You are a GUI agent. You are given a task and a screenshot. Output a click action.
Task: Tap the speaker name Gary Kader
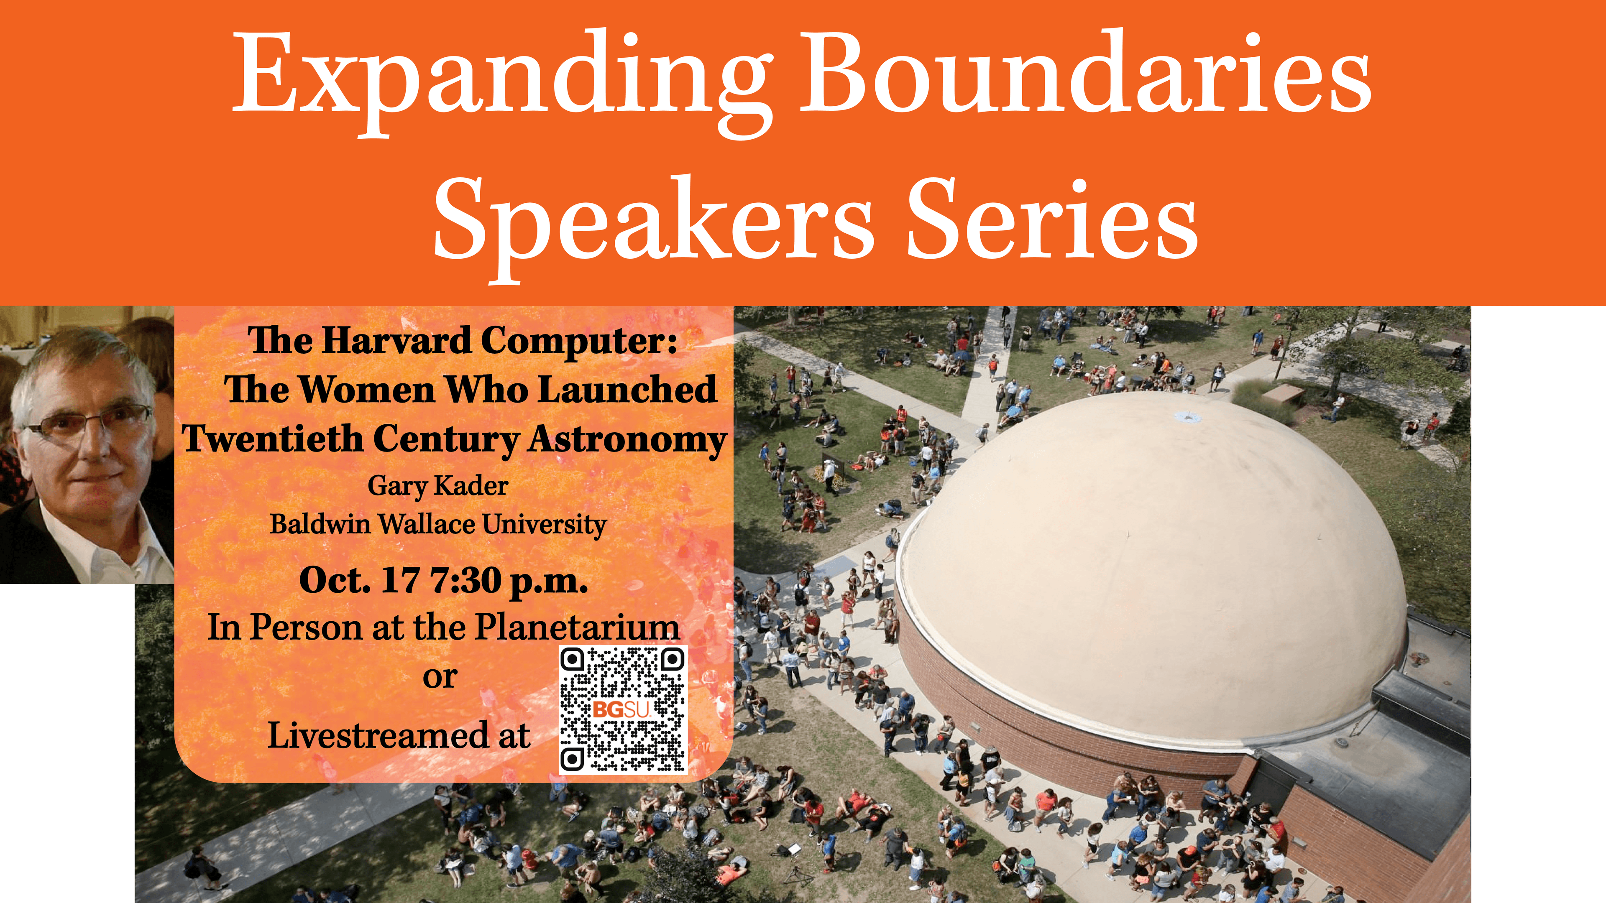[x=437, y=486]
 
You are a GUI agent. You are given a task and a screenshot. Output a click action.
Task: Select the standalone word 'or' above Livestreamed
[x=440, y=677]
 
